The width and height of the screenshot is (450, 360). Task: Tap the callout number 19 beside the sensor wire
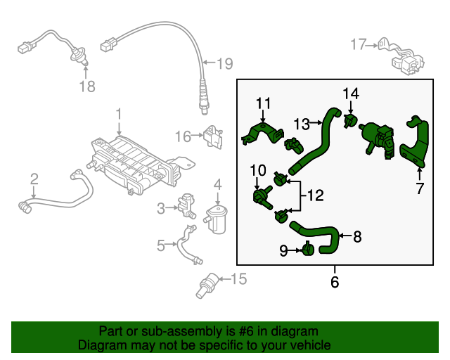(224, 65)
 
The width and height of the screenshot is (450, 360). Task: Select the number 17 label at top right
(358, 45)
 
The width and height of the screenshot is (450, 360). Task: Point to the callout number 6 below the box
(335, 283)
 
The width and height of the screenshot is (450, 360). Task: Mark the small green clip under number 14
(349, 122)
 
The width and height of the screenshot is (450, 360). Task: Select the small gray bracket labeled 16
(212, 135)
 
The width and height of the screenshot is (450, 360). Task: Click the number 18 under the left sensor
(86, 87)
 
